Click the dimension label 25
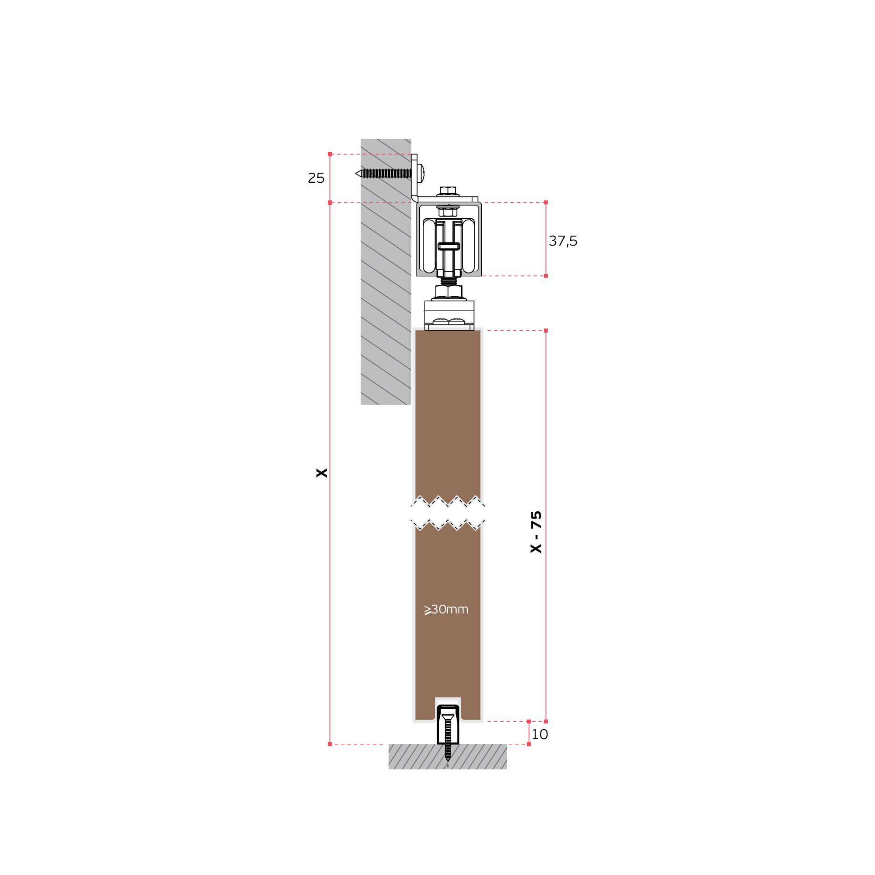[x=316, y=178]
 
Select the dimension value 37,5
[x=563, y=241]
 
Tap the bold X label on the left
[x=322, y=473]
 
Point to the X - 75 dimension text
[x=536, y=532]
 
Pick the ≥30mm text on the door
[x=446, y=609]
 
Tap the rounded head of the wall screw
[x=421, y=173]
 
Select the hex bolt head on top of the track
[x=448, y=190]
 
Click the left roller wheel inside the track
[x=429, y=246]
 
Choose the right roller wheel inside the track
[x=468, y=246]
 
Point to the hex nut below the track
[x=449, y=291]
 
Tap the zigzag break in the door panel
[x=448, y=513]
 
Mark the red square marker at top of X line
[x=330, y=154]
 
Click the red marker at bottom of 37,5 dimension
[x=546, y=276]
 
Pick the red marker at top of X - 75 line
[x=546, y=330]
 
